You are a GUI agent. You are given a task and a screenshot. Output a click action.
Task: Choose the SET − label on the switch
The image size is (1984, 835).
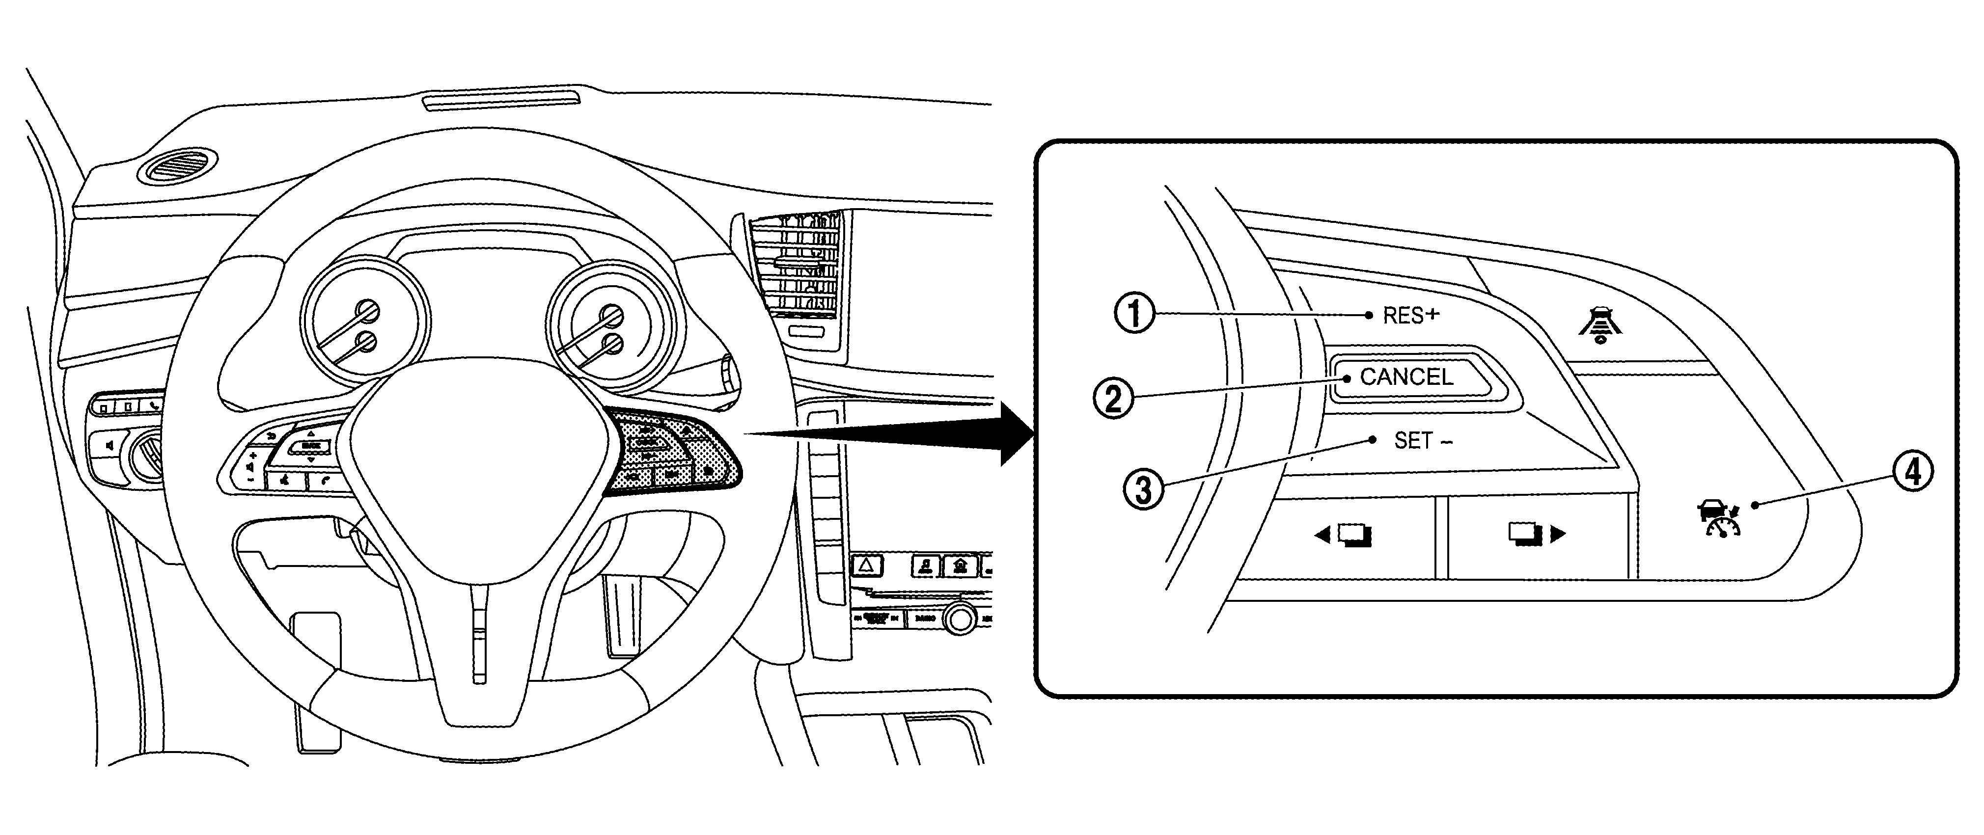pos(1423,441)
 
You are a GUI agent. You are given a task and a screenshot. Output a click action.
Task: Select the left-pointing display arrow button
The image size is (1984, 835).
pos(1343,534)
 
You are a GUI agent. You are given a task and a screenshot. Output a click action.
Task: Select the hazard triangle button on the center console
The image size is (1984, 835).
pos(866,566)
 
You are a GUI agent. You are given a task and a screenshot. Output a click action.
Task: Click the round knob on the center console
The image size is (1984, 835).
pos(960,618)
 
